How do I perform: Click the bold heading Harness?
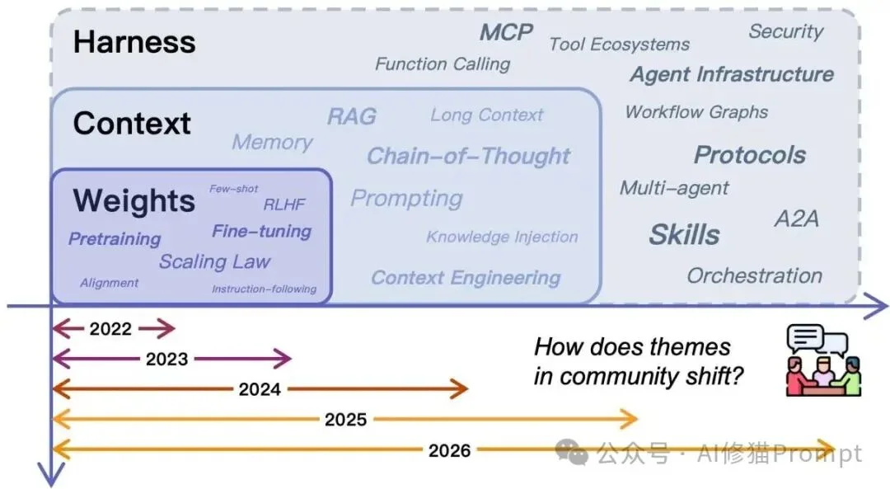click(x=134, y=42)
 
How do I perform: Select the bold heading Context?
click(x=132, y=124)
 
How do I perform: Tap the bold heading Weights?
click(x=133, y=201)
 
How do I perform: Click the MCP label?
click(x=506, y=32)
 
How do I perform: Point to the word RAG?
click(x=351, y=116)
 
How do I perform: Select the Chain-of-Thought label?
click(x=468, y=156)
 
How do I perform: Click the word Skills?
click(x=684, y=235)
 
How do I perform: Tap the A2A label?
click(x=796, y=219)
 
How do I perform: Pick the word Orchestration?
click(x=754, y=275)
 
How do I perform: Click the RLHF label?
click(x=285, y=205)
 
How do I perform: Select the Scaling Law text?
click(x=214, y=262)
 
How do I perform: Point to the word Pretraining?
click(x=115, y=239)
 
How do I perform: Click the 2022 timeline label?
click(x=110, y=329)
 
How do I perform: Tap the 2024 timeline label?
click(x=260, y=389)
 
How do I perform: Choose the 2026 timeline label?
click(x=449, y=450)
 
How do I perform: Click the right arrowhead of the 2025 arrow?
click(x=633, y=420)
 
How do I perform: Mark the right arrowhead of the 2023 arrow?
click(x=287, y=359)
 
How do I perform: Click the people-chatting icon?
click(x=822, y=360)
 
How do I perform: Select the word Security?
click(x=785, y=32)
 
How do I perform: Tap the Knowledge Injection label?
click(x=502, y=237)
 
